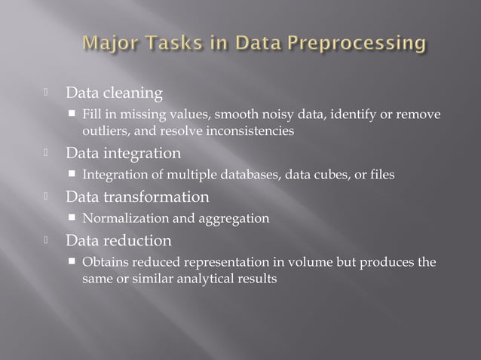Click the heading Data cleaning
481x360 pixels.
[x=114, y=94]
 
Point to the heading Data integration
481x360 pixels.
[x=123, y=154]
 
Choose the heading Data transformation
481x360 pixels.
[x=137, y=197]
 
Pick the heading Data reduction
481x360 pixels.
[x=118, y=241]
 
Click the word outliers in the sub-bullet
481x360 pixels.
[x=105, y=131]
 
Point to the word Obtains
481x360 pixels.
[x=106, y=262]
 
